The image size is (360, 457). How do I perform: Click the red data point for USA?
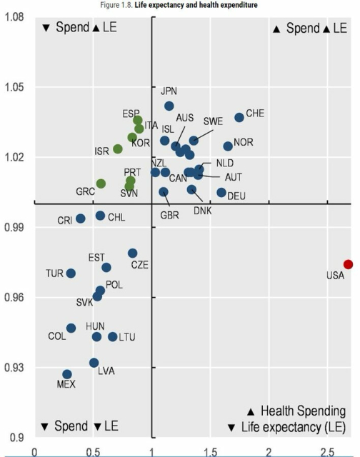pos(348,264)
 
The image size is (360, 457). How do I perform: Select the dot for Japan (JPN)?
pos(169,106)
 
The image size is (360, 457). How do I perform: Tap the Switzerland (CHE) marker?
pos(239,118)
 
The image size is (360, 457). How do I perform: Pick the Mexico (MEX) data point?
pos(67,374)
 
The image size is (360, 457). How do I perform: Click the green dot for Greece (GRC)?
pos(101,184)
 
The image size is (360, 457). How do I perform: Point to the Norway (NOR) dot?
pos(228,146)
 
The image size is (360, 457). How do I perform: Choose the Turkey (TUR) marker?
pos(71,273)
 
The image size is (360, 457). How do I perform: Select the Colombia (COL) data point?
pos(71,328)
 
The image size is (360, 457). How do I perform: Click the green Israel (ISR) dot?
pos(118,149)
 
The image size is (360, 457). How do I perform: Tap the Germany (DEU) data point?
pos(221,192)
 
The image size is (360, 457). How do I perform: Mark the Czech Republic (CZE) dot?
pos(133,253)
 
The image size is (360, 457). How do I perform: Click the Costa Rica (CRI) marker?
pos(81,219)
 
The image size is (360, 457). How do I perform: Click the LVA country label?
pos(106,371)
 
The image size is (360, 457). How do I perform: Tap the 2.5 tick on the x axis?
pos(327,451)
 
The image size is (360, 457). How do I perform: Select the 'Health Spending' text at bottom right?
pos(301,411)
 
